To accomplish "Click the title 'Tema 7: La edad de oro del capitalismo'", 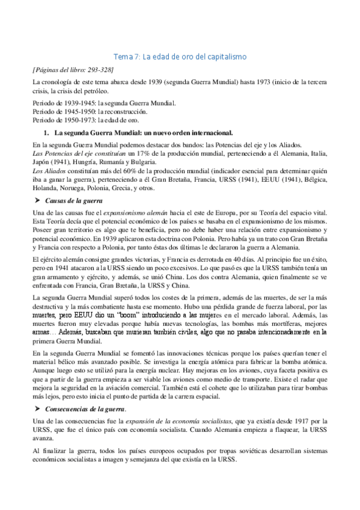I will point(180,57).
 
